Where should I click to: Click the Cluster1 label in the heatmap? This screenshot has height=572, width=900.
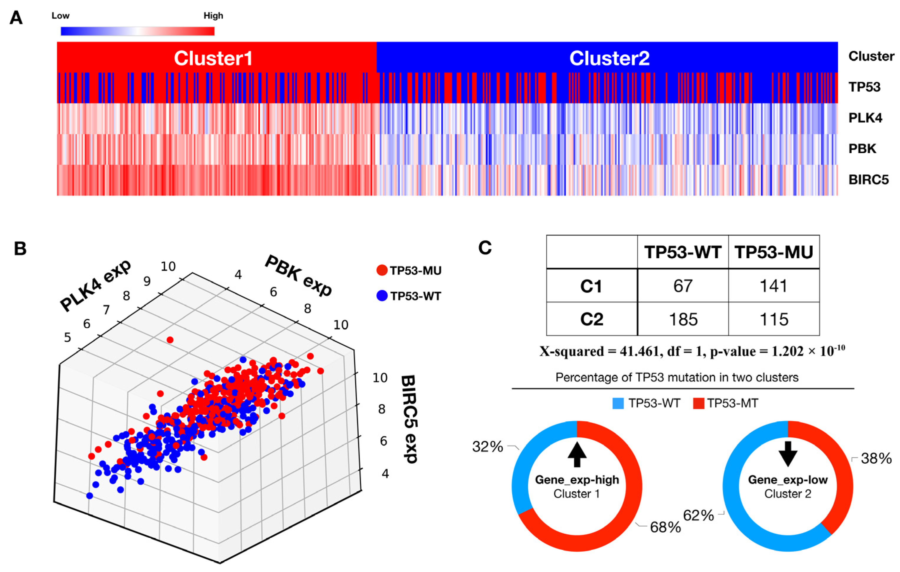pos(213,58)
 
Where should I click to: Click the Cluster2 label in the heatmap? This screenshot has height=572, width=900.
pos(609,58)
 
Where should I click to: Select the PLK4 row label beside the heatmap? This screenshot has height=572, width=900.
pos(865,118)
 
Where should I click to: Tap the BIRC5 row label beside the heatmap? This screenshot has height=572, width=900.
pos(868,180)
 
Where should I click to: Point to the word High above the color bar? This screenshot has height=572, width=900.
pos(213,16)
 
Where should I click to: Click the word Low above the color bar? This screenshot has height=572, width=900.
pos(60,16)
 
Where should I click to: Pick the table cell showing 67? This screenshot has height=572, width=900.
pos(683,286)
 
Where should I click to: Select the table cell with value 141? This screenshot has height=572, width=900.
pos(774,286)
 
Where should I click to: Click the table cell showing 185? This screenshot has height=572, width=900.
pos(683,319)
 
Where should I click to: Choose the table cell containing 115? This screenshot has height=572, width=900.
pos(774,319)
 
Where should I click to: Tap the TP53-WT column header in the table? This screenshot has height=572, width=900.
pos(683,252)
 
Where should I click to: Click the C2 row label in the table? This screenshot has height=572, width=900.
pos(592,319)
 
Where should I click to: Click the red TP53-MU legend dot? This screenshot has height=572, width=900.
pos(382,270)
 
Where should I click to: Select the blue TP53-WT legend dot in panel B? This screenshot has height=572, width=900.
pos(382,296)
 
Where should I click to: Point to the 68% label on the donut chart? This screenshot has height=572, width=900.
pos(665,527)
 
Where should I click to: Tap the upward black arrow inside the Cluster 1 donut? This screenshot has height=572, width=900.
pos(577,454)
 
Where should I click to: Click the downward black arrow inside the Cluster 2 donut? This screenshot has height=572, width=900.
pos(788,453)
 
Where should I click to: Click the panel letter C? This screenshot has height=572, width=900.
pos(485,248)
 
